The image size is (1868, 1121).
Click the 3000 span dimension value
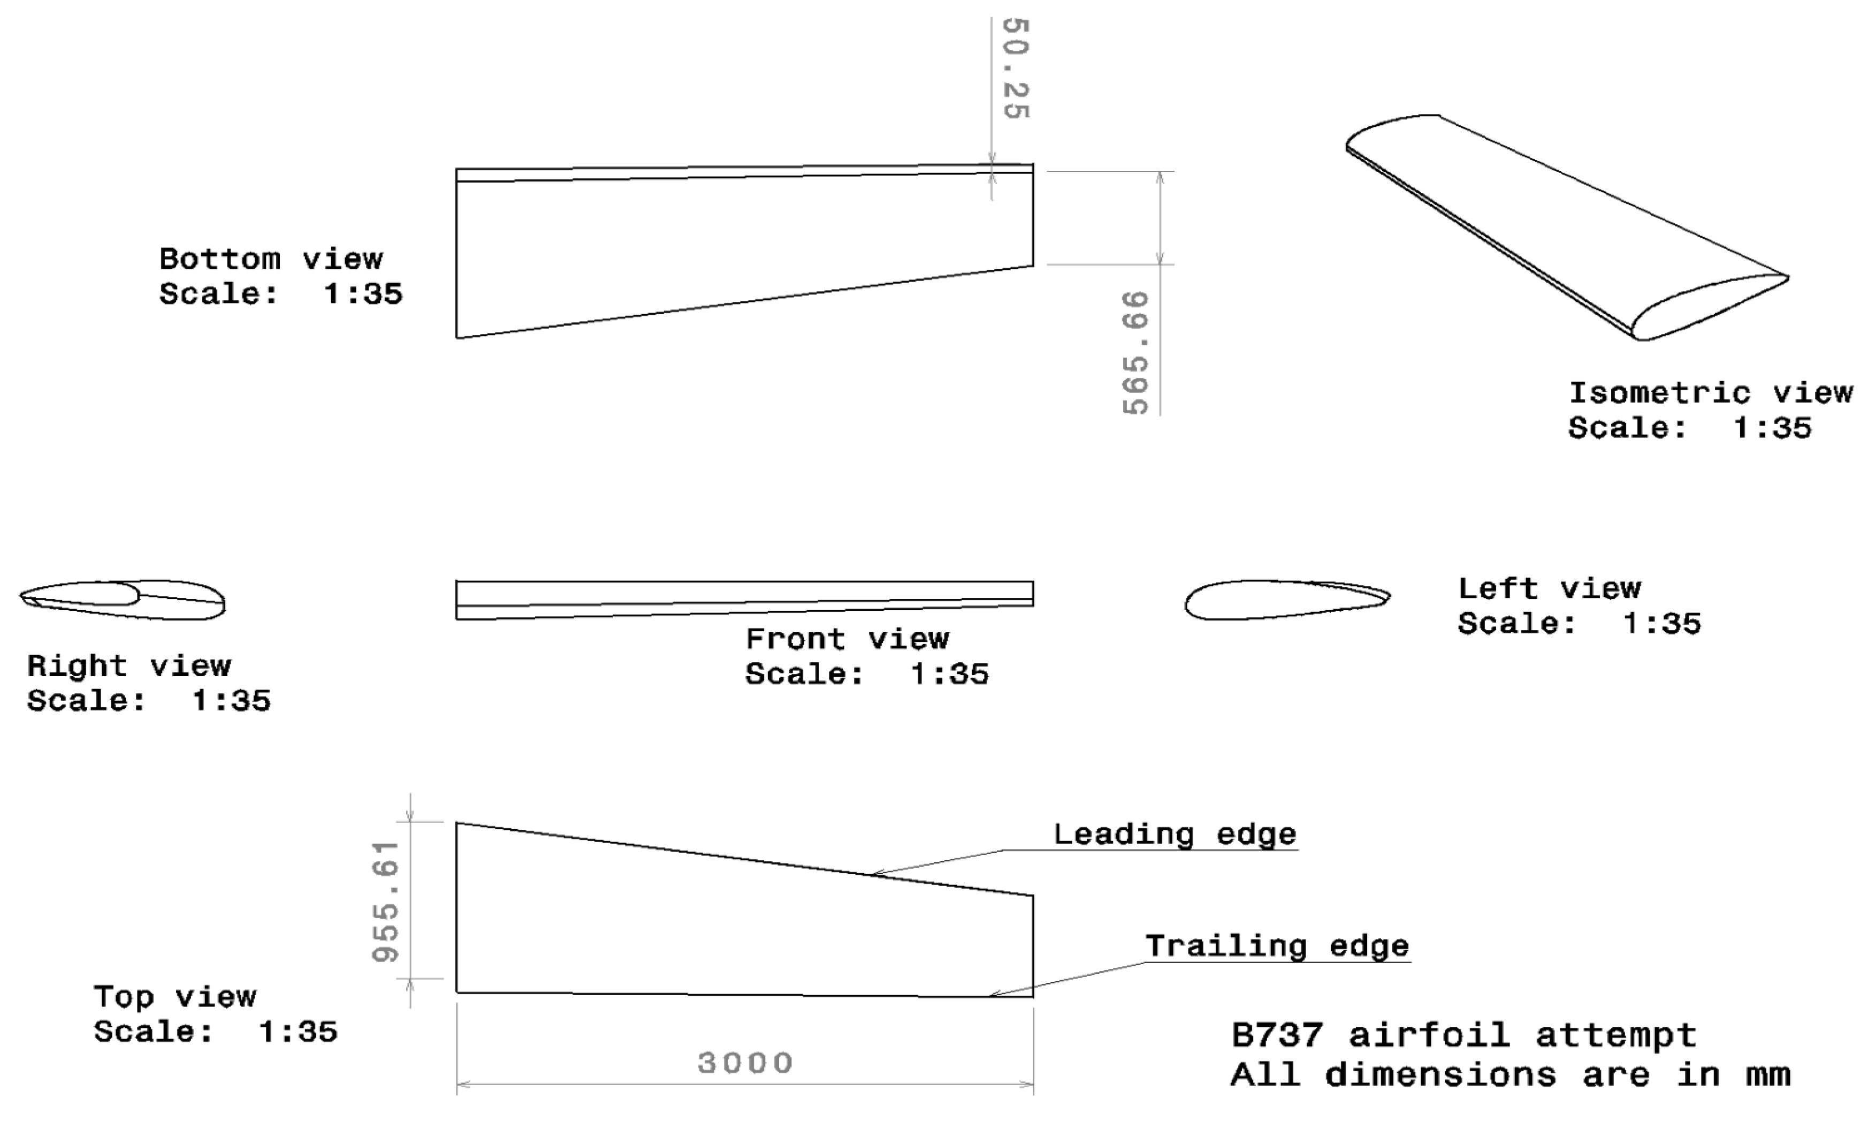(744, 1063)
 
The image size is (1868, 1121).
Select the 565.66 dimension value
(1135, 353)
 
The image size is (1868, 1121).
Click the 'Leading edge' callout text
(1174, 835)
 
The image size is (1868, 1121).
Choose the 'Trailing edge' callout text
(1277, 946)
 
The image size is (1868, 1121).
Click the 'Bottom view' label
(270, 259)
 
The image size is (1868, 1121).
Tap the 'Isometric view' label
(1710, 393)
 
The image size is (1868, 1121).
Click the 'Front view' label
(847, 639)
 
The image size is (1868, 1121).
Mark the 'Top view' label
(174, 997)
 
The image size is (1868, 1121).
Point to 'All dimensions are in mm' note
(1510, 1074)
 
